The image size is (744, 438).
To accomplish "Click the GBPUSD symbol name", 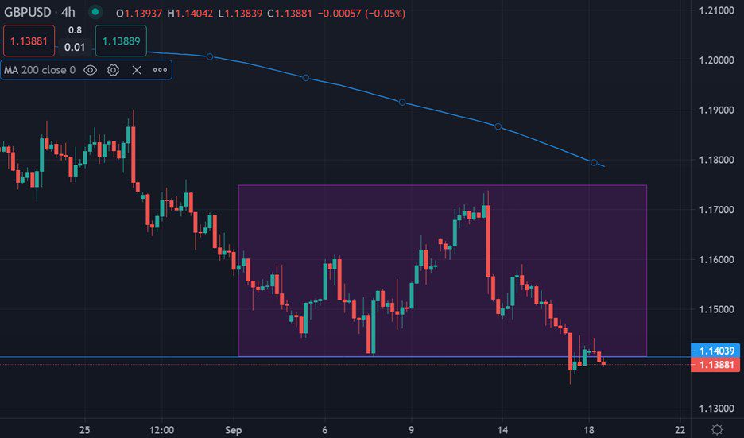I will pos(29,13).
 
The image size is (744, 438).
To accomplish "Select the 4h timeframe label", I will pos(68,13).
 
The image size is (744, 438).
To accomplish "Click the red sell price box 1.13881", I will pos(29,41).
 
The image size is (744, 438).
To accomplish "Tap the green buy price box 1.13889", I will pos(122,41).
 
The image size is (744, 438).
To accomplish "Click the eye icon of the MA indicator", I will pos(90,70).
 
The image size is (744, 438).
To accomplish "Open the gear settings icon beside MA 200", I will pos(113,70).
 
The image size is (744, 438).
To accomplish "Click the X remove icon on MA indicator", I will pos(137,70).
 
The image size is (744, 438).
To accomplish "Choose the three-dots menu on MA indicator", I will pos(160,70).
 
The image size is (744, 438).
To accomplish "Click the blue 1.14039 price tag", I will pos(718,350).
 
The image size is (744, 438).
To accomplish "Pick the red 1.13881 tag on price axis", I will pos(718,364).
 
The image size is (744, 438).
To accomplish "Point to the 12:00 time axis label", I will pos(161,429).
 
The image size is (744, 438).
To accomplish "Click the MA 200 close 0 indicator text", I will pos(40,70).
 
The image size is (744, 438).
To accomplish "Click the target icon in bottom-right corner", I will pos(718,429).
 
